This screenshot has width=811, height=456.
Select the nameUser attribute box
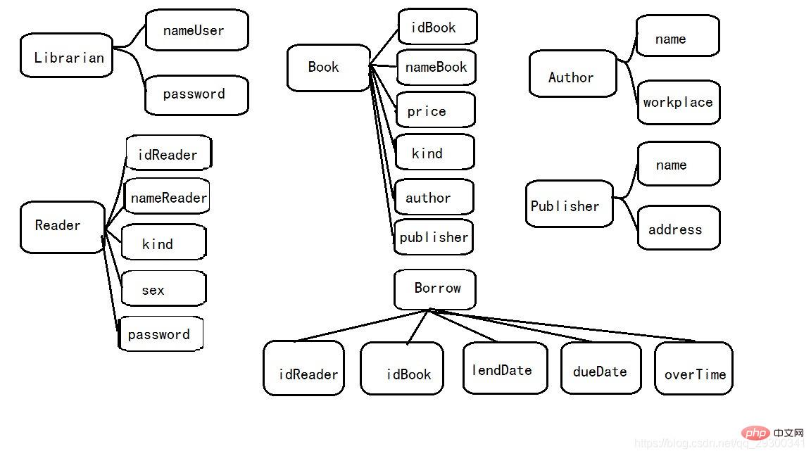click(196, 30)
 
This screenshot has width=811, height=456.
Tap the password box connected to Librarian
click(196, 95)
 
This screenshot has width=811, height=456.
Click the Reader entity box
click(62, 227)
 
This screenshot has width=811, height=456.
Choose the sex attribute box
click(163, 289)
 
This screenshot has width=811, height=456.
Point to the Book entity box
click(328, 68)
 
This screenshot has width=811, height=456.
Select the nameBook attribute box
click(436, 68)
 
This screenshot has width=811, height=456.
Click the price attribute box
click(435, 110)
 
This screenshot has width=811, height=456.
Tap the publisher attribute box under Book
click(433, 237)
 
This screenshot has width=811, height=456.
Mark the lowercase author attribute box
click(434, 198)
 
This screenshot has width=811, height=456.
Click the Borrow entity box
click(434, 289)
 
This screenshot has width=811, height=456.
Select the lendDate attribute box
click(504, 368)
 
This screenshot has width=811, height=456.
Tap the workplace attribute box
click(678, 103)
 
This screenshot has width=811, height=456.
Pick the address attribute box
click(678, 228)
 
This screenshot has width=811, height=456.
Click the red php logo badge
click(756, 433)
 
